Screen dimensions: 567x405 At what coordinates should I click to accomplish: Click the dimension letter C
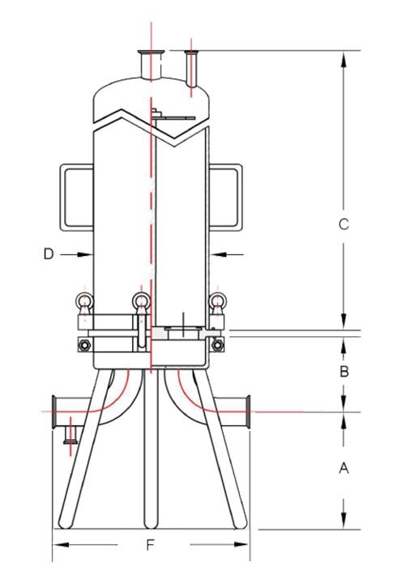[x=343, y=224]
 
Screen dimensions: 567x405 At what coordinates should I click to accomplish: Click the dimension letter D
[x=49, y=254]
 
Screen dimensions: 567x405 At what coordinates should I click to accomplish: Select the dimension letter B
[x=343, y=372]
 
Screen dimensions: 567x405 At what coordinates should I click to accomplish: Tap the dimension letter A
[x=343, y=468]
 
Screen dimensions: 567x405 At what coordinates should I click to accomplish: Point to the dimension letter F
[x=150, y=544]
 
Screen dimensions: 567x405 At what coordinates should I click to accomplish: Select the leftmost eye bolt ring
[x=83, y=303]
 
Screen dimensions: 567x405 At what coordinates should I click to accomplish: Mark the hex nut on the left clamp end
[x=83, y=345]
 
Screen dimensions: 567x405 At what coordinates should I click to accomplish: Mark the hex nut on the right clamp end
[x=218, y=345]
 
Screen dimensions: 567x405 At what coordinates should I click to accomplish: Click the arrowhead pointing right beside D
[x=85, y=254]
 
